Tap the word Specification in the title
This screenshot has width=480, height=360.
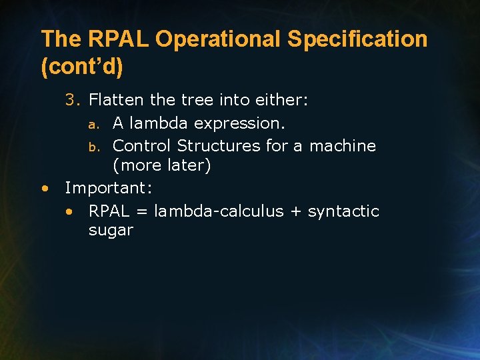click(357, 39)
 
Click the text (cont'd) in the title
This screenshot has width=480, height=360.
click(82, 67)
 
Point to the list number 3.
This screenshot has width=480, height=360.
click(73, 100)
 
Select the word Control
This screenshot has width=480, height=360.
click(142, 145)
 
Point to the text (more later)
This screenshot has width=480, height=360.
click(161, 165)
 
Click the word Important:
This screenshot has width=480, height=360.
click(109, 188)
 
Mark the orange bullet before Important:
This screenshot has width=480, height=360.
click(44, 188)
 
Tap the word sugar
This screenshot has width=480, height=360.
click(111, 231)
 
